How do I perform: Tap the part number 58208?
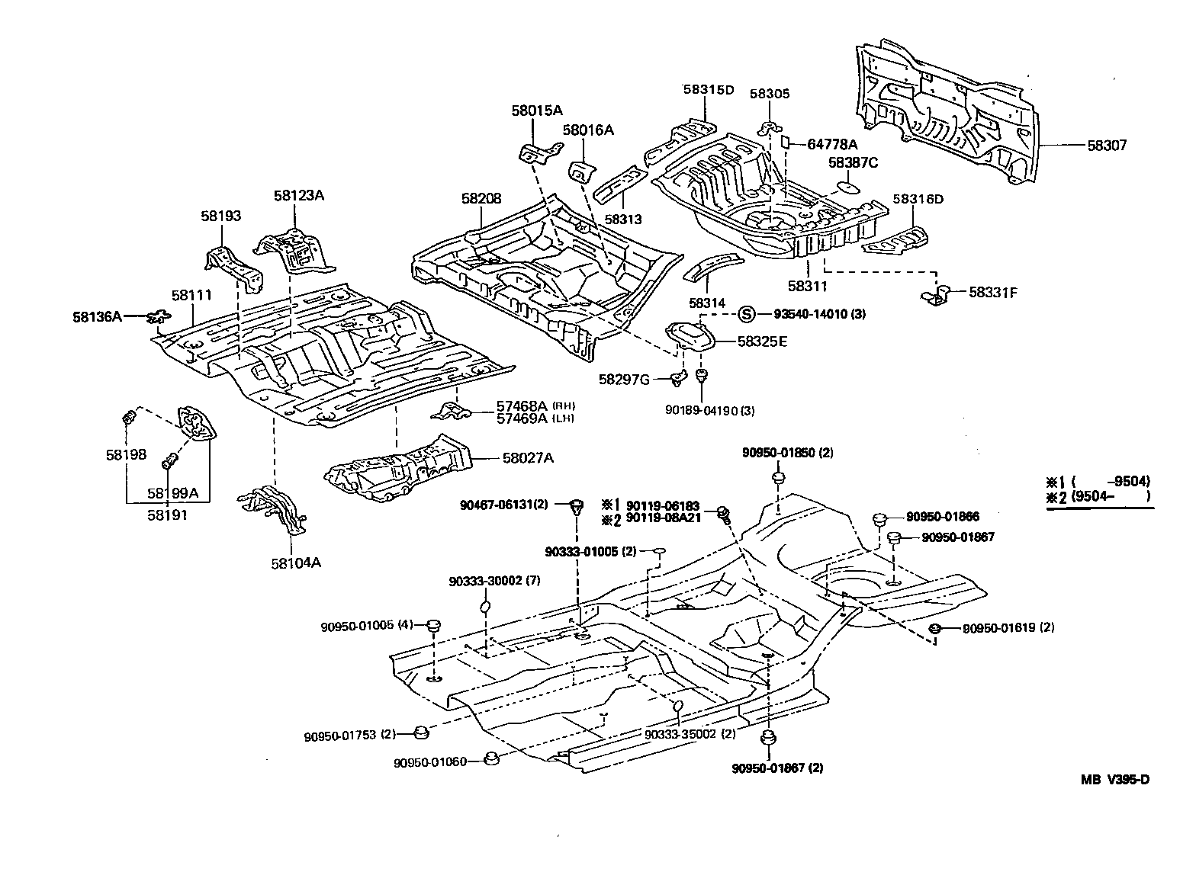point(481,198)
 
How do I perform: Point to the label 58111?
point(191,296)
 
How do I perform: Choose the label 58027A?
point(527,458)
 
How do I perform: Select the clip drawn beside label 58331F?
point(938,294)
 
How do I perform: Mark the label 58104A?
point(294,563)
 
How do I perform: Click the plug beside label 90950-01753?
point(419,733)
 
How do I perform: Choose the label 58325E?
point(761,341)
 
